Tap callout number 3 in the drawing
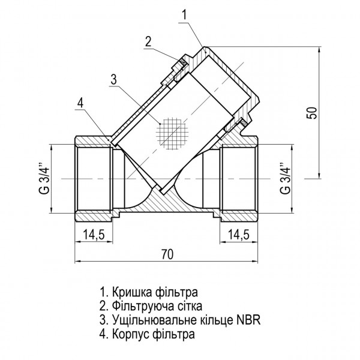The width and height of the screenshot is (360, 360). pos(114,78)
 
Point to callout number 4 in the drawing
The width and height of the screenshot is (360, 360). pos(80,103)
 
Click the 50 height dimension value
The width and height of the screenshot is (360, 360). pos(310,113)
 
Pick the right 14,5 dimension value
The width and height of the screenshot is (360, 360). pos(240,235)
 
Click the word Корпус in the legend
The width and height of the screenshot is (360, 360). pos(129,333)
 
